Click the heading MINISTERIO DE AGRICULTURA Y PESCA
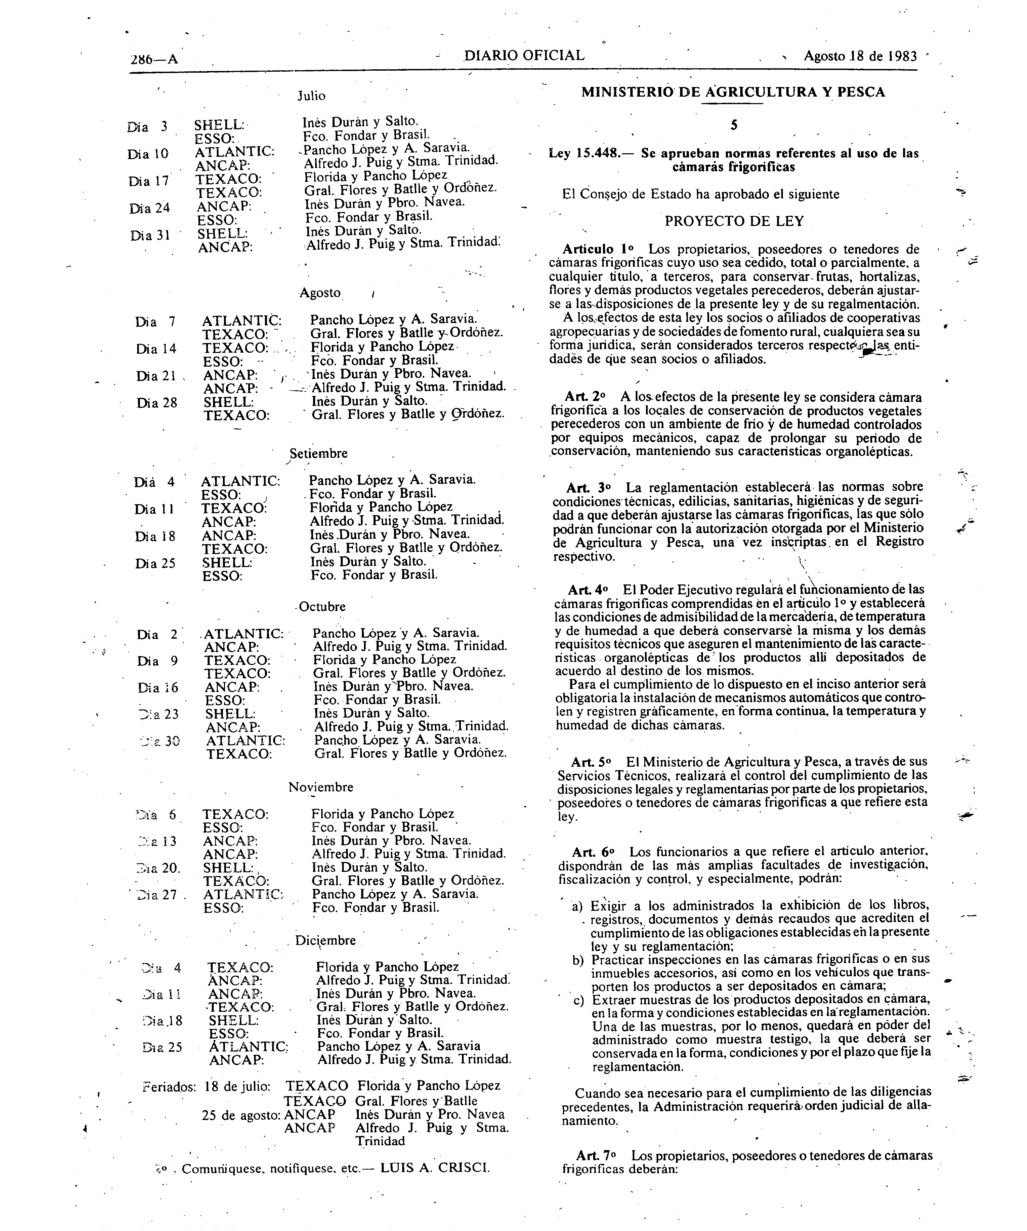click(733, 92)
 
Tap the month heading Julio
click(311, 96)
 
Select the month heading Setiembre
click(318, 453)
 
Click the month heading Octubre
click(322, 607)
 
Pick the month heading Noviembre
click(321, 787)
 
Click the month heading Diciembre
click(325, 940)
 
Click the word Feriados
click(169, 1086)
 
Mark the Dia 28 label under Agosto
click(156, 403)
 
